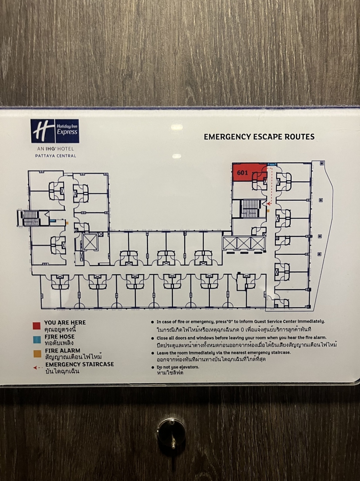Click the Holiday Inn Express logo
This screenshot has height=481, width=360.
coord(55,131)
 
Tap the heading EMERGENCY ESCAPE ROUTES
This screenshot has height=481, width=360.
coord(259,137)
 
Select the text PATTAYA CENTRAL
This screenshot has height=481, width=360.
coord(55,156)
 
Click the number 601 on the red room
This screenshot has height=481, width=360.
coord(242,173)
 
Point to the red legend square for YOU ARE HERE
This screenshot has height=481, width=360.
coord(36,325)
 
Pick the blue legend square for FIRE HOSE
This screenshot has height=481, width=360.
coord(36,340)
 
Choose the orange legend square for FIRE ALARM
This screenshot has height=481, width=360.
coord(36,354)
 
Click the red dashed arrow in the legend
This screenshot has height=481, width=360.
coord(37,368)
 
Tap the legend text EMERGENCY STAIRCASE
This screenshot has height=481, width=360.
coord(80,364)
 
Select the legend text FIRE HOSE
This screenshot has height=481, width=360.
coord(60,337)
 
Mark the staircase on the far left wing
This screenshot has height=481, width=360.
coord(29,218)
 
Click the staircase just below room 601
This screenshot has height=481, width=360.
coord(248,209)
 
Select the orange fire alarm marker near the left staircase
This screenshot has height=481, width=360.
coord(67,223)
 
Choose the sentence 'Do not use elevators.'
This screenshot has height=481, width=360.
coord(178,367)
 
